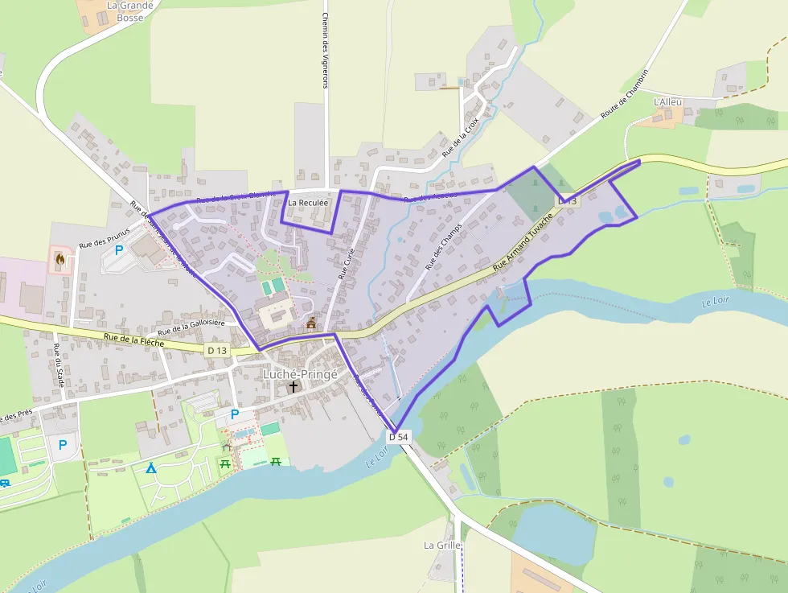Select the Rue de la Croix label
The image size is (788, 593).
pyautogui.click(x=461, y=136)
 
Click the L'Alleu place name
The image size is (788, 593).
pyautogui.click(x=667, y=102)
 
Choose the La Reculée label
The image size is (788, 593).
pyautogui.click(x=308, y=203)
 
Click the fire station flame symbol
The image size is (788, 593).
pyautogui.click(x=60, y=259)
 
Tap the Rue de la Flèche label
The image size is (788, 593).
pyautogui.click(x=133, y=342)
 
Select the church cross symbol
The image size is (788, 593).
pyautogui.click(x=293, y=387)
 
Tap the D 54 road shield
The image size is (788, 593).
pyautogui.click(x=399, y=436)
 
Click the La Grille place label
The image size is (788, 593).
pyautogui.click(x=442, y=545)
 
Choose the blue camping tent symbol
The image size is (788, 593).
pyautogui.click(x=150, y=467)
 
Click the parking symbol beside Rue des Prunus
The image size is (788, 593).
pyautogui.click(x=119, y=249)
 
